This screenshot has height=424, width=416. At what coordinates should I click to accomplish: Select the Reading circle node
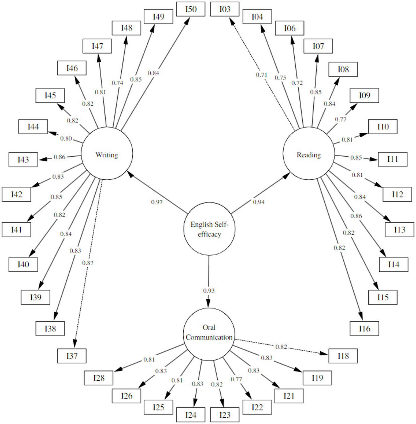click(308, 154)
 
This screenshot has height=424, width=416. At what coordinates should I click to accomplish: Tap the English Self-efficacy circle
click(209, 229)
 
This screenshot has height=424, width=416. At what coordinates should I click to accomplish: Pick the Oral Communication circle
click(209, 334)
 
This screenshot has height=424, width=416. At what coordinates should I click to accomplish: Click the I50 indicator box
click(191, 9)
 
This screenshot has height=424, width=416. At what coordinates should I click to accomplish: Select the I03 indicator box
click(225, 9)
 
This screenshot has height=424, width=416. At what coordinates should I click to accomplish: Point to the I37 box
click(72, 356)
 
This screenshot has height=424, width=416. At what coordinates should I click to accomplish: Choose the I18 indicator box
click(343, 356)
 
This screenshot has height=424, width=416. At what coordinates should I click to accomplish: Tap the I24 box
click(191, 415)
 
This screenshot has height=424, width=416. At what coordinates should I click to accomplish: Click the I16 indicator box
click(364, 329)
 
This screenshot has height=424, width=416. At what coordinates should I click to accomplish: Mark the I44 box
click(33, 126)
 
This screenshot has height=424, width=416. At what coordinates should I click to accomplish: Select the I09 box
click(364, 95)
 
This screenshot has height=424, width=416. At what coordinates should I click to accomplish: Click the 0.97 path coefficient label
click(157, 202)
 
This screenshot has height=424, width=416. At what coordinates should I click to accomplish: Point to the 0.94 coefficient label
click(259, 202)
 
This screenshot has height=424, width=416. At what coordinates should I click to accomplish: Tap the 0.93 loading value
click(209, 291)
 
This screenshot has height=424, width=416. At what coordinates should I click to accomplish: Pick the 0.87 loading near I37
click(88, 263)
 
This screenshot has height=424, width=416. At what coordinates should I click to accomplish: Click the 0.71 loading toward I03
click(261, 75)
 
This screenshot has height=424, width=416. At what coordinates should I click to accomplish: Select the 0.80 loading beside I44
click(66, 138)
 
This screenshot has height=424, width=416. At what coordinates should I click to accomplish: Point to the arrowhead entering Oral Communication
click(208, 304)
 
